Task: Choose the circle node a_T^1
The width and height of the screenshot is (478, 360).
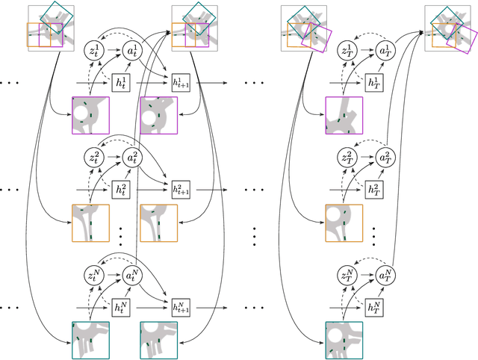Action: tap(385, 52)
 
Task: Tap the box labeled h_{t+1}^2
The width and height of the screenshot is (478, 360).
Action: tap(179, 188)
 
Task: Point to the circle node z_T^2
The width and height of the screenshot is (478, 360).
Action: tap(348, 158)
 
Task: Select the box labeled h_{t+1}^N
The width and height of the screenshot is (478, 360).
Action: tap(179, 306)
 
